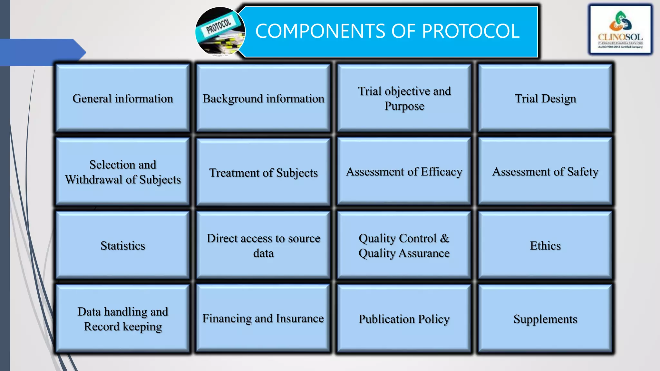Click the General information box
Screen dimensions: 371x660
tap(123, 98)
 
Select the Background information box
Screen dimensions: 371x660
tap(263, 98)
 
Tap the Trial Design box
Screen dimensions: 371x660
tap(545, 98)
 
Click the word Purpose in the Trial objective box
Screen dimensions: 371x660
tap(404, 106)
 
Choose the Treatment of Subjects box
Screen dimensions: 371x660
tap(263, 173)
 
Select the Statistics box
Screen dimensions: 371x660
tap(123, 245)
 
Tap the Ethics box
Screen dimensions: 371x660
tap(545, 245)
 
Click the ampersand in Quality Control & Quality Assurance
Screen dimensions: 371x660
tap(444, 238)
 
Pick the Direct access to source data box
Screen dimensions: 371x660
tap(263, 245)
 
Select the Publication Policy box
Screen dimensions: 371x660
tap(404, 319)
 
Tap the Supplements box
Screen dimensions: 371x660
tap(545, 319)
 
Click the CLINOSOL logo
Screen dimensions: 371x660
tap(620, 30)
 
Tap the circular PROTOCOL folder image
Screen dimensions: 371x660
tap(220, 32)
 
